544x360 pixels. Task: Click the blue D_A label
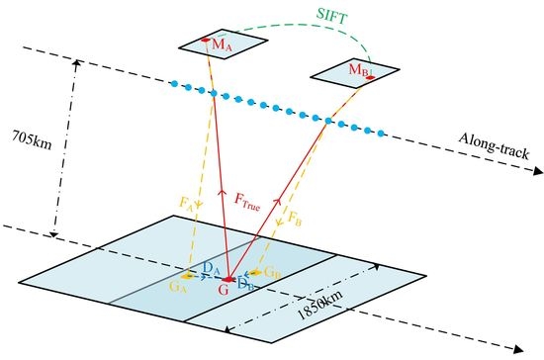(x=211, y=267)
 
